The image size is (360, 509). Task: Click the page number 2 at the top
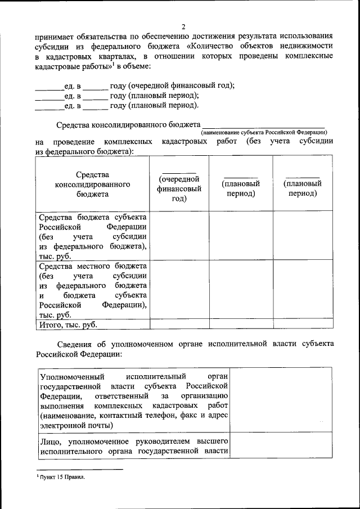pos(183,26)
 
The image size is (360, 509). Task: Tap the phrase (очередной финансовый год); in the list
pos(181,85)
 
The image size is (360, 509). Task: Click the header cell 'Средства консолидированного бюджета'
pos(93,184)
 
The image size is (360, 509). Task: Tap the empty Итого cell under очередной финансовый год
pos(179,325)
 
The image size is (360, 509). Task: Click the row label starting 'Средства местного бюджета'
pos(93,290)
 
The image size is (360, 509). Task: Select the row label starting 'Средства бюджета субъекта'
pos(93,236)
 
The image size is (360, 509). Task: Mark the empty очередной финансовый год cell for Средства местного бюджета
pos(179,290)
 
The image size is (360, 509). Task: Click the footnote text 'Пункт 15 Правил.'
pos(61,477)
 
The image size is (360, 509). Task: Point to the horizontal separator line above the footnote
pos(79,469)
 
